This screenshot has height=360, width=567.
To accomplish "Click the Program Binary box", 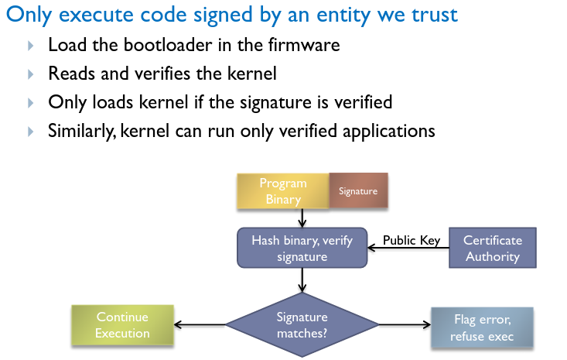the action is pos(283,191).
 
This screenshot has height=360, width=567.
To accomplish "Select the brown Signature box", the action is pos(358,190).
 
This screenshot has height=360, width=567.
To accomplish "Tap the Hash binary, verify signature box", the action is pos(302,248).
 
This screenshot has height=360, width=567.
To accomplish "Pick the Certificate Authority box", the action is pos(493,248).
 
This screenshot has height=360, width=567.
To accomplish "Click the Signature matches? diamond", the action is pos(302,325).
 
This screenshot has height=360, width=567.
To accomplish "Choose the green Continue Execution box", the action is pos(122,325).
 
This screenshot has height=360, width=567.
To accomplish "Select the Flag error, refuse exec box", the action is pos(482,327).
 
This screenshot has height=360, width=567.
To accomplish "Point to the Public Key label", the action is pos(412,240).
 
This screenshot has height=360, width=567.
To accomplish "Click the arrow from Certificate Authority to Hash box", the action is pos(408,249).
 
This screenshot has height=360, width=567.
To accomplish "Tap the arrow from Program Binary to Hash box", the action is pos(302,218).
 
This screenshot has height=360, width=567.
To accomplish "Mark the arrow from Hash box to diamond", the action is pos(302,280).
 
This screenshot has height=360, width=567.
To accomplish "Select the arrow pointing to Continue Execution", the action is pos(200,324).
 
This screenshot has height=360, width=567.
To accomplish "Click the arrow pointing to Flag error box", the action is pos(405,324).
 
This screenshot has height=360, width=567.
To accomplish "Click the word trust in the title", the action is pos(435,15).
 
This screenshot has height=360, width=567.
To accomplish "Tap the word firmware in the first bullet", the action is pos(304,45).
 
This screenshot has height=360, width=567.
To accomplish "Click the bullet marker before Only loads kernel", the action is pos(31,103).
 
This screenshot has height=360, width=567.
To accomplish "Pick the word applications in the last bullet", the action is pos(389,131).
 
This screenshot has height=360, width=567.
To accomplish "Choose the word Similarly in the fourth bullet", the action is pos(82,131).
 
